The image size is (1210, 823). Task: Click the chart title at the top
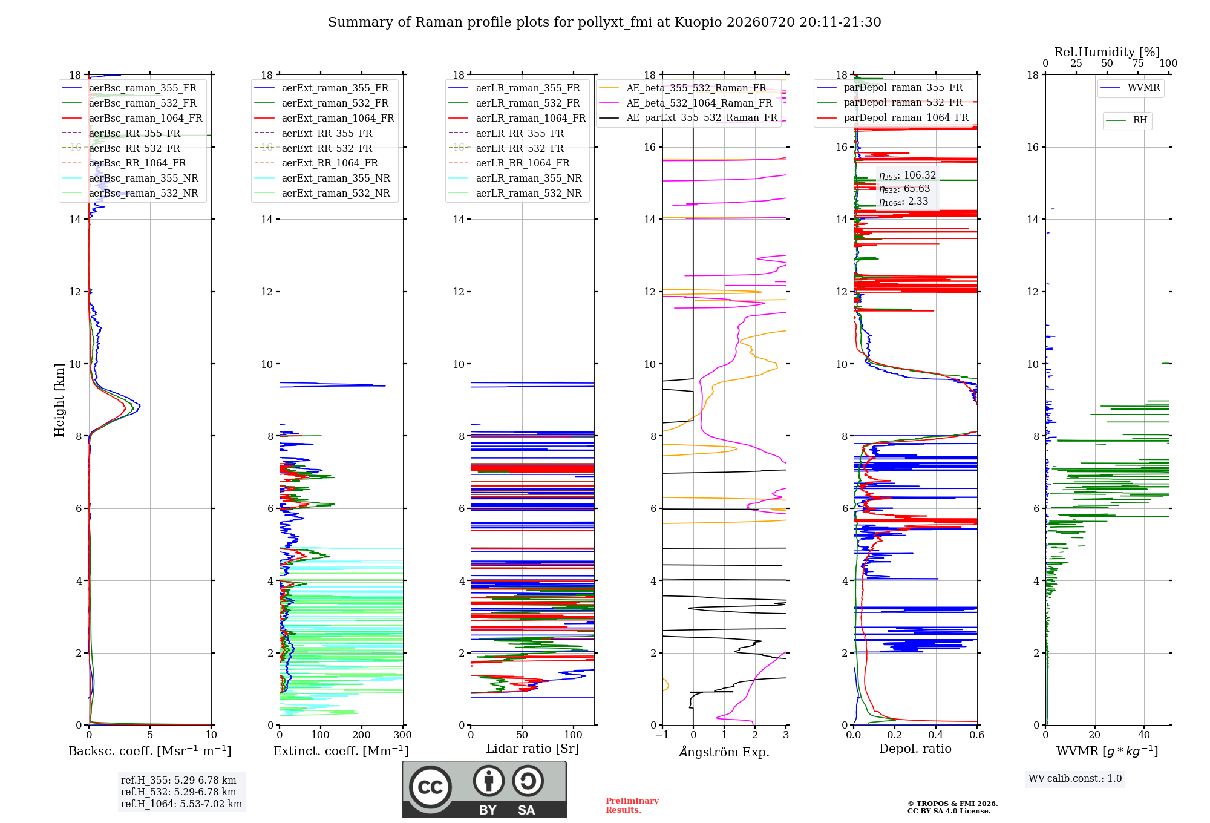click(604, 22)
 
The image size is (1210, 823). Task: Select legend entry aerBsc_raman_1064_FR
click(145, 118)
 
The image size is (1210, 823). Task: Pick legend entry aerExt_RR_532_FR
click(327, 148)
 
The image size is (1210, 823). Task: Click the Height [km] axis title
click(59, 400)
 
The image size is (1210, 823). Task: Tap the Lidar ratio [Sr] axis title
click(532, 749)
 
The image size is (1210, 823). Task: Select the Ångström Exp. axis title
click(724, 752)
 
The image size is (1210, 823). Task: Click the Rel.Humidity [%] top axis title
click(1107, 52)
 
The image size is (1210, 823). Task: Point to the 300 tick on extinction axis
click(402, 735)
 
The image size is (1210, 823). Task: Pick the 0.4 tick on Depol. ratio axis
click(936, 735)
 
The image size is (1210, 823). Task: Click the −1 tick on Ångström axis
click(662, 735)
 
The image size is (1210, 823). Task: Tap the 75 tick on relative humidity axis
click(1138, 63)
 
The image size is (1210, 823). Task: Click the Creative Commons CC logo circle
click(430, 787)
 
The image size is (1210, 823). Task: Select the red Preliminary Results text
click(632, 805)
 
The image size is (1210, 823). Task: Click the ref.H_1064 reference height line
click(181, 804)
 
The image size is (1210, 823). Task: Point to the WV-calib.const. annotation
click(1075, 778)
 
